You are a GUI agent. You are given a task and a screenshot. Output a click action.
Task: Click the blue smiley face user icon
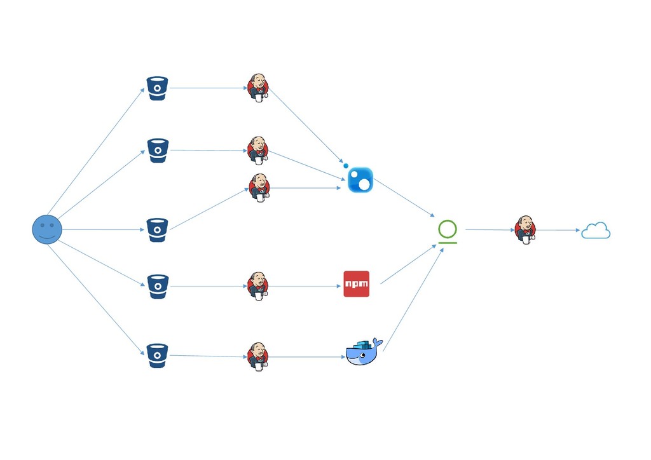click(x=47, y=229)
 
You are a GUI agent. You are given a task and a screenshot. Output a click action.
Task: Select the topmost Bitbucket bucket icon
click(x=158, y=88)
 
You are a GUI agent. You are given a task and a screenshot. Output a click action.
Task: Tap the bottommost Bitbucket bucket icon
click(x=158, y=355)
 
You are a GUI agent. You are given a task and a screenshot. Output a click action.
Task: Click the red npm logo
click(x=356, y=284)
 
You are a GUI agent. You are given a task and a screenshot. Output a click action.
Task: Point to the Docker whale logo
click(x=364, y=353)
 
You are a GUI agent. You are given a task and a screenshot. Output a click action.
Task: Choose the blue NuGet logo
click(x=360, y=179)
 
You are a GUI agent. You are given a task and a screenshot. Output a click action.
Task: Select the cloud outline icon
click(x=596, y=231)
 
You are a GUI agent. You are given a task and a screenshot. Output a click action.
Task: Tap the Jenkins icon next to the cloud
click(x=525, y=230)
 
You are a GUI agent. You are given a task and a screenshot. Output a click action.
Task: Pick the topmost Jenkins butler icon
click(x=257, y=88)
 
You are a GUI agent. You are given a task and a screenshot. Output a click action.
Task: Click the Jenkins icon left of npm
click(x=257, y=286)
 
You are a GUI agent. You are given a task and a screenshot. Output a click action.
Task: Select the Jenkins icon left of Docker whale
click(x=257, y=356)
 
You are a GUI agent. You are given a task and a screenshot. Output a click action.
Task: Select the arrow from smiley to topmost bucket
click(x=96, y=151)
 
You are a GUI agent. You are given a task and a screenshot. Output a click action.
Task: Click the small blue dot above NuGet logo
click(x=346, y=165)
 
